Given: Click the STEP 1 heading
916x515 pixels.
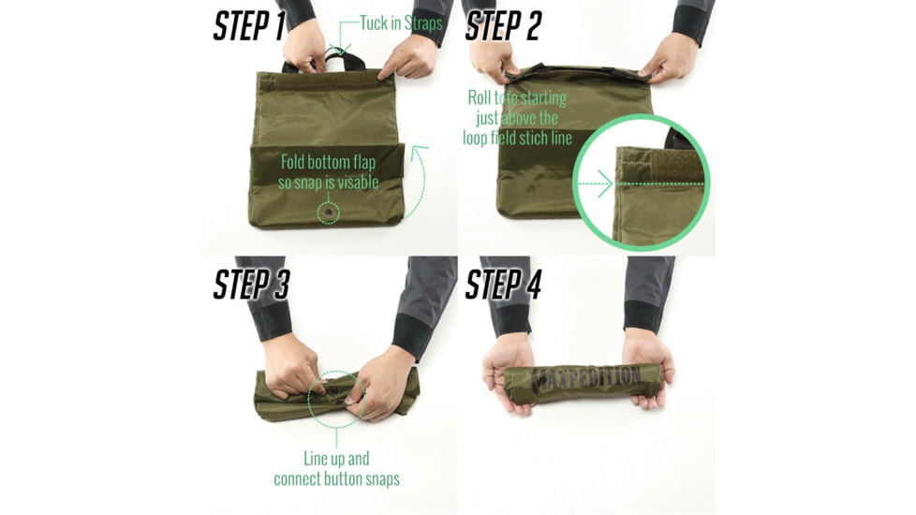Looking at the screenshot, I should pos(249,26).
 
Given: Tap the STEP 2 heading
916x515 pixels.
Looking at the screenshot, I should pos(503,26).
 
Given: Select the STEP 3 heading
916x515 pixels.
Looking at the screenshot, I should pos(251,284).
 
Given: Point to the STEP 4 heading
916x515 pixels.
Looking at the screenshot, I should pos(503,284).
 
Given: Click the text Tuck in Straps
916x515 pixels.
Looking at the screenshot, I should pos(401,23).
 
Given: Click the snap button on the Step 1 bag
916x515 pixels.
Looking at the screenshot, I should pos(328,214).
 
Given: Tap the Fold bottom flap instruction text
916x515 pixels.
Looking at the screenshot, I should pos(328,172).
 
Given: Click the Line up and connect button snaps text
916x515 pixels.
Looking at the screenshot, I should pos(336,469).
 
